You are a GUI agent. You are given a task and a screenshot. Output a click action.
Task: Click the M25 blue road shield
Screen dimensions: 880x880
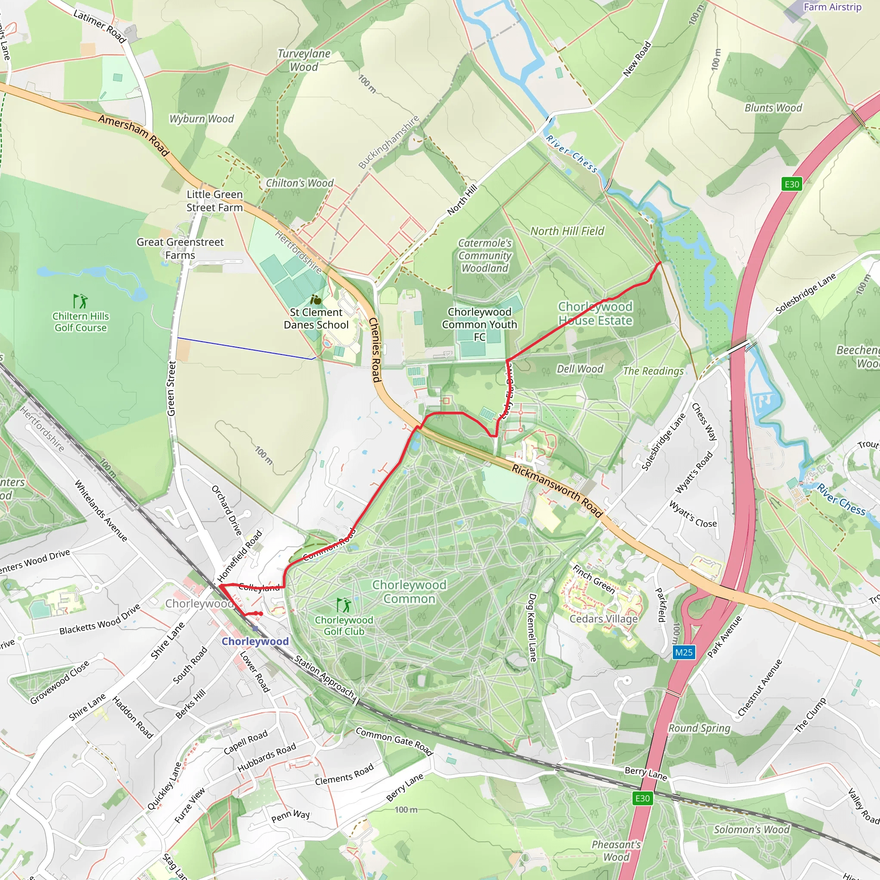684,652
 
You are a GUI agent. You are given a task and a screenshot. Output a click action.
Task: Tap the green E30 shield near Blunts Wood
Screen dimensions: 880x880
791,184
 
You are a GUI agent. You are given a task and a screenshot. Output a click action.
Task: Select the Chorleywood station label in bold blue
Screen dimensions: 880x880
255,642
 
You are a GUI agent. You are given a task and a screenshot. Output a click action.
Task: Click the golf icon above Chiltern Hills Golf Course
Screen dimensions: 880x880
80,301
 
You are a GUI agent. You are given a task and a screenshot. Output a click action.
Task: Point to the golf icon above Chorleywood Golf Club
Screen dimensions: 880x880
344,605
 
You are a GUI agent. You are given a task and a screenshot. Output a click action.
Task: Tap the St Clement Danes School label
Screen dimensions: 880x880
316,318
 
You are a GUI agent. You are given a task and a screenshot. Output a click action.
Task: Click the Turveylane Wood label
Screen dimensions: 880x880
304,60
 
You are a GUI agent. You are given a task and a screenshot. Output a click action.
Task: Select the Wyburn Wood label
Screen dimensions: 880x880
202,119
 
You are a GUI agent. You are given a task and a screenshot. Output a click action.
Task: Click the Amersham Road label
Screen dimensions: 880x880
134,135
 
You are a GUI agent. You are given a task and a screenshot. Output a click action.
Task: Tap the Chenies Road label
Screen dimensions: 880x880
374,350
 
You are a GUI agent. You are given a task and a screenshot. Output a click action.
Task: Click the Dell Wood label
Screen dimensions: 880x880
580,369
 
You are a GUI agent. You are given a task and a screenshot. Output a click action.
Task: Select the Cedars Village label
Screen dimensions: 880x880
604,619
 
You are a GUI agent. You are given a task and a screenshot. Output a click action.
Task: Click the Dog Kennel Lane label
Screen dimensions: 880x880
532,627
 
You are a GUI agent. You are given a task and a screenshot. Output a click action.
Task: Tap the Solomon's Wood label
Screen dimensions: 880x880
752,829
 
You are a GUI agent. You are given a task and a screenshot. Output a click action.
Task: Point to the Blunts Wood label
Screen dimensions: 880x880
773,108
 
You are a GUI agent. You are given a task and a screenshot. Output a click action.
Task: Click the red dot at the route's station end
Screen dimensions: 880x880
260,614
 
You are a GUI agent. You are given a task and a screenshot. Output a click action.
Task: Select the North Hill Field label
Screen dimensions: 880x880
567,232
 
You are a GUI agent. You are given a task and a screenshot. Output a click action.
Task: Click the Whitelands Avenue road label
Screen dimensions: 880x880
101,510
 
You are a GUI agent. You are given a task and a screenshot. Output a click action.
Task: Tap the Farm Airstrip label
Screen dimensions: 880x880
832,7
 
